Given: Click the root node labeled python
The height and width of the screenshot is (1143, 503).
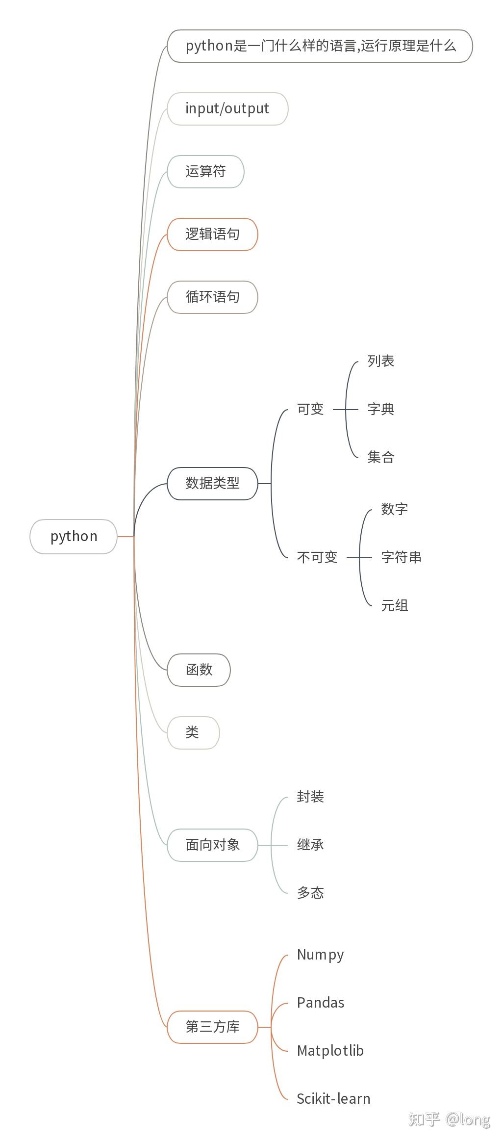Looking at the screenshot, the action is [x=74, y=536].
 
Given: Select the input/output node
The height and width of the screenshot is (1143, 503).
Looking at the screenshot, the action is [x=227, y=108].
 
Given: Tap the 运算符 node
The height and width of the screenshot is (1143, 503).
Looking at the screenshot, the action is [x=205, y=171].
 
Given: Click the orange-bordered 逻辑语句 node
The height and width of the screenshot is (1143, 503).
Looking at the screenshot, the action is [x=212, y=234].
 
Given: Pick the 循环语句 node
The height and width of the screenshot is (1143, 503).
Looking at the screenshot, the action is [x=212, y=297].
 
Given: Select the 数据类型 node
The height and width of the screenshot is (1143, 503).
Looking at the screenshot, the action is [x=212, y=483].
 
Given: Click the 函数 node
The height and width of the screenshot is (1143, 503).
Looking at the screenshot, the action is [x=199, y=670].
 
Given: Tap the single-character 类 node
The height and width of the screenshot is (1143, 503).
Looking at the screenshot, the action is [x=193, y=732].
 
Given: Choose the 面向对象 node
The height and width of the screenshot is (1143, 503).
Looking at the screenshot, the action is [x=212, y=845].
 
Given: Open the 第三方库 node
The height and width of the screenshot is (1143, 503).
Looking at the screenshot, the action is [x=212, y=1027].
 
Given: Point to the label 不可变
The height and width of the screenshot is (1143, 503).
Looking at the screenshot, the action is [x=317, y=557].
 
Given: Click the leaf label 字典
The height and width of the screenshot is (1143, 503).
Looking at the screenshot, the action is [x=381, y=409].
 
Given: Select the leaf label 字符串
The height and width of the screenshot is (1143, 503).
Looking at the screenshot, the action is [x=401, y=557].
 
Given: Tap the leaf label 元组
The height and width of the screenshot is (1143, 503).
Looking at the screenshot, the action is [x=395, y=605].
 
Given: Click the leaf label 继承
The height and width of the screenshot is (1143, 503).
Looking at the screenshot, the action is [x=310, y=845].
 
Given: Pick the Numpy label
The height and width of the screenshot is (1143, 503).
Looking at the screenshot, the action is [x=320, y=955].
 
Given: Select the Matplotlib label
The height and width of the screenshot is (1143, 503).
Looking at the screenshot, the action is [x=330, y=1051].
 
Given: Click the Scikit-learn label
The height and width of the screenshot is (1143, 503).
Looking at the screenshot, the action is [x=333, y=1099].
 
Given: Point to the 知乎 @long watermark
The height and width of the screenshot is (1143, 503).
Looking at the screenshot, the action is [x=449, y=1119].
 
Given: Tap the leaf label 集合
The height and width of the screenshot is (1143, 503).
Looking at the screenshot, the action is [x=381, y=457].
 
